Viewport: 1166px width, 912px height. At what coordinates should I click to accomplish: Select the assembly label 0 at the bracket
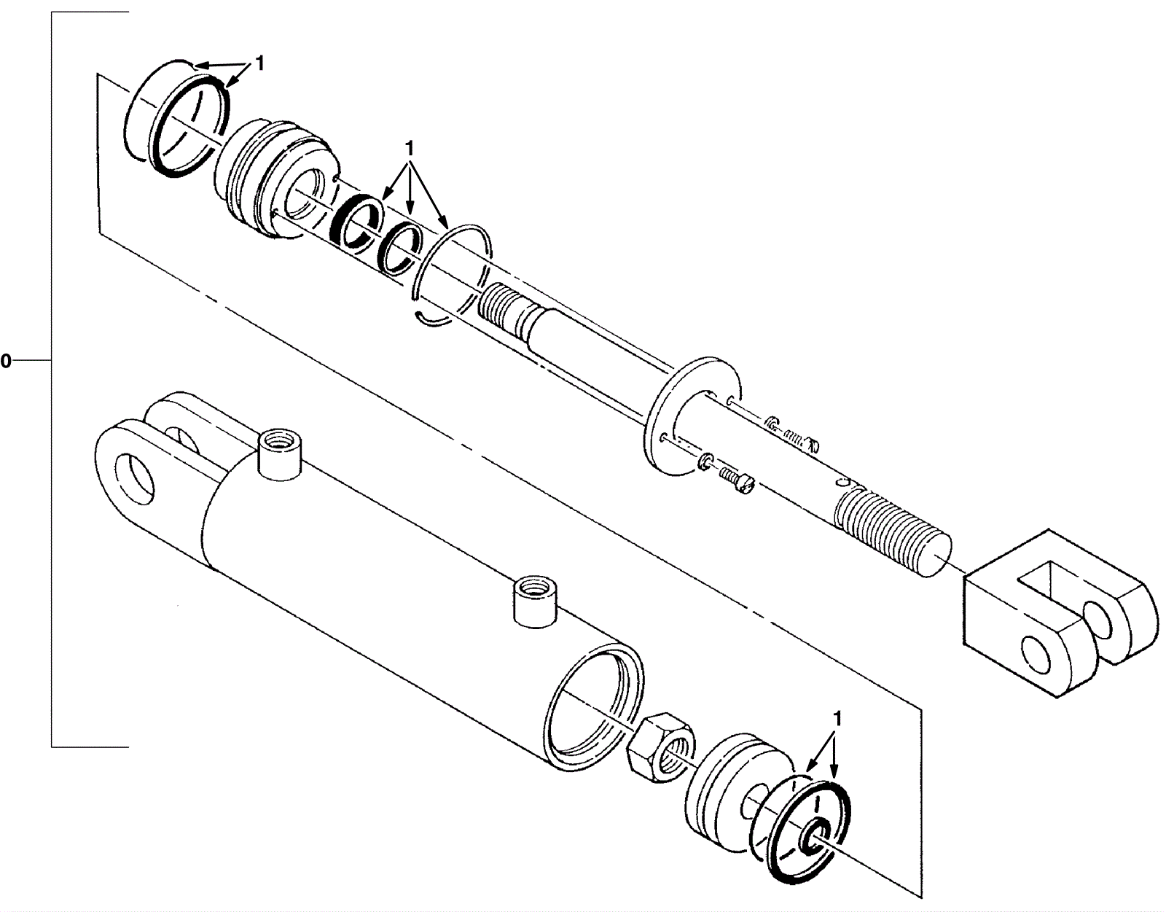[5, 361]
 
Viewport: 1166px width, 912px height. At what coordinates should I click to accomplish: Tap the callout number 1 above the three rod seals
[410, 147]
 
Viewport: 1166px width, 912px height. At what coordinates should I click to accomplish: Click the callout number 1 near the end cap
[259, 64]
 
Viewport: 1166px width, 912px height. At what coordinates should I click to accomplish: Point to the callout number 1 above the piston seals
[837, 718]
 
